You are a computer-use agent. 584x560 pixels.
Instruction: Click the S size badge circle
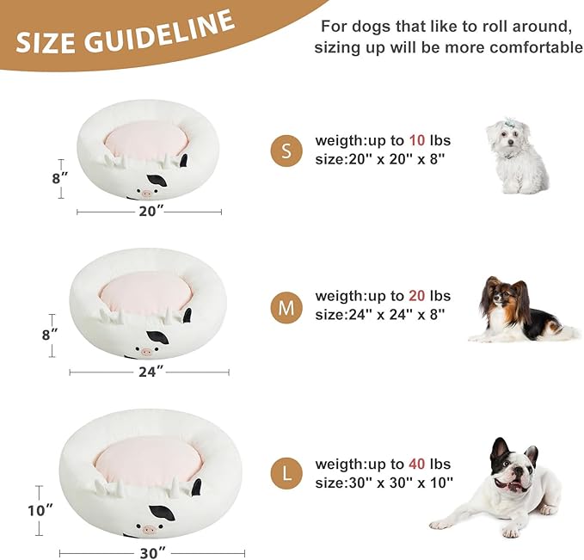click(x=286, y=151)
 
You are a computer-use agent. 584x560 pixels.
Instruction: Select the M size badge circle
click(x=286, y=306)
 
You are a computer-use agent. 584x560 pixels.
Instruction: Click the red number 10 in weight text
click(x=417, y=140)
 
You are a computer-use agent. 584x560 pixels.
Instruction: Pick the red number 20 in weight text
click(x=417, y=296)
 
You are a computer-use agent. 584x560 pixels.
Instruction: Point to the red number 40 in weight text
click(x=417, y=465)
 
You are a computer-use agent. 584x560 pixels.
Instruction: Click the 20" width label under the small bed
click(x=150, y=212)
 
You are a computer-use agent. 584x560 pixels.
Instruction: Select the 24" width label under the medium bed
click(x=150, y=372)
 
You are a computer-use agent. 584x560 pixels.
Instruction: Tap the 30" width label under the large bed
click(x=151, y=553)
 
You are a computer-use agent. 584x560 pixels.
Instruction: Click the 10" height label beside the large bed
click(x=40, y=510)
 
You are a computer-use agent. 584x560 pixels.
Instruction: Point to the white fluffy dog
click(x=517, y=156)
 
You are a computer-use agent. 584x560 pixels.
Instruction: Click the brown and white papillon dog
click(x=516, y=311)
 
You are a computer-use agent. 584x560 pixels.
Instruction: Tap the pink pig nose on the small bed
click(x=146, y=194)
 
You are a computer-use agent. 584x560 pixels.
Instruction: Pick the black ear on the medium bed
click(x=157, y=338)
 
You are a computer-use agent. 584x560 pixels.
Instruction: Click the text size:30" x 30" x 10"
click(x=384, y=483)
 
